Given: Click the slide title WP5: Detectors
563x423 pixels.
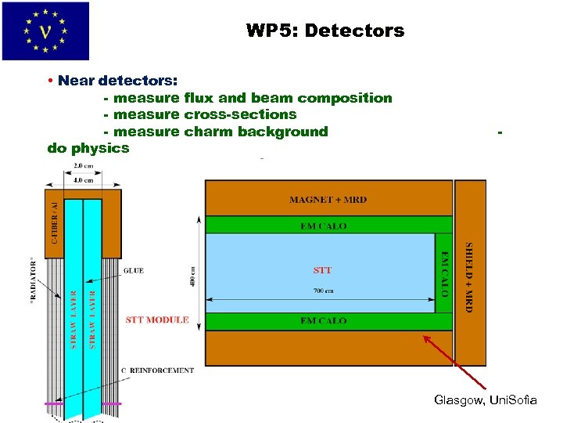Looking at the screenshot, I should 325,31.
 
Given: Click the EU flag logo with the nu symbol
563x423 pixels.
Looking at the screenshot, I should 45,31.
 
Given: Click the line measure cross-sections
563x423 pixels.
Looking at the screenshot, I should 200,114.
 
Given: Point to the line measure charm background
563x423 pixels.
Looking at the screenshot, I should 216,132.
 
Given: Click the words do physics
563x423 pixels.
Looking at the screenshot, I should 88,147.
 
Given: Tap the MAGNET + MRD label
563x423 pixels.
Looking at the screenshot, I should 328,199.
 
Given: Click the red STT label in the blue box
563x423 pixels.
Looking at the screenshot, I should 322,270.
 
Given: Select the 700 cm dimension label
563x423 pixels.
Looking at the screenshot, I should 322,291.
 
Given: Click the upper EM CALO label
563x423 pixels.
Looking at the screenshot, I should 323,226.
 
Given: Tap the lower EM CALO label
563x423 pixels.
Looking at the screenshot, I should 323,321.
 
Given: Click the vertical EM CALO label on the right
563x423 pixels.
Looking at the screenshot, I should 444,273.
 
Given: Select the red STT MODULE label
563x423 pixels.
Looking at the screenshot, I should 157,320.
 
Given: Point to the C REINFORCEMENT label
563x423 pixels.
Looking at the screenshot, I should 157,370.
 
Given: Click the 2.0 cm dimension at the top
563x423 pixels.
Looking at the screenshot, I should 83,166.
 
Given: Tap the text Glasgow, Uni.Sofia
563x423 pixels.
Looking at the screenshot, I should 485,400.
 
